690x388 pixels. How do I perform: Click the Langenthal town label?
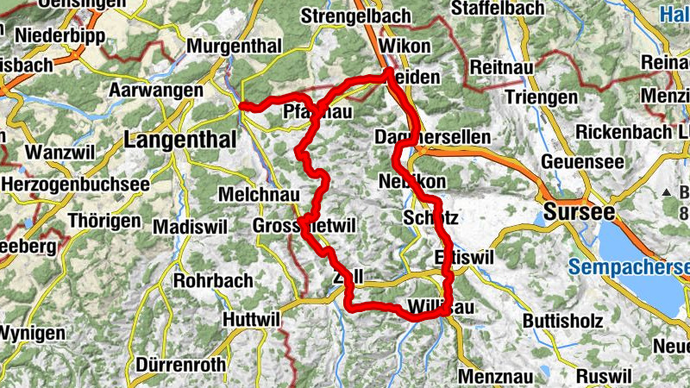coord(180,139)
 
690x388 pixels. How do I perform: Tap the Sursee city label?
coord(578,212)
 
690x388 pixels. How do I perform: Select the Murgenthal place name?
coord(234,45)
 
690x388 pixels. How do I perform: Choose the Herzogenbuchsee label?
coord(75,184)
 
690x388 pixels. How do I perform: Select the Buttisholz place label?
coord(562,321)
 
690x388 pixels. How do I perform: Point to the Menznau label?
coord(495,376)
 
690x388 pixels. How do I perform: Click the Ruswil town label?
coord(604,376)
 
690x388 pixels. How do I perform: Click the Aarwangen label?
coord(156,90)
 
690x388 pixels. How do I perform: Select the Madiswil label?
coord(187,226)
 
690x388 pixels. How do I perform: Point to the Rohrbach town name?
coord(213,280)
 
